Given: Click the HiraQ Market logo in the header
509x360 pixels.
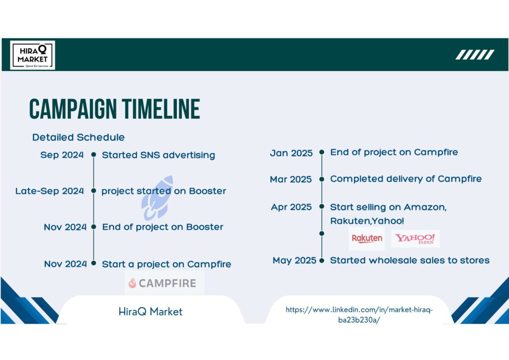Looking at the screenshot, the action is [x=32, y=55].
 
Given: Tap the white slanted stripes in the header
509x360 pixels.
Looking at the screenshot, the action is [x=475, y=55].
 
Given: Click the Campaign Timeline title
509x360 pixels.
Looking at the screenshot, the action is [x=115, y=109].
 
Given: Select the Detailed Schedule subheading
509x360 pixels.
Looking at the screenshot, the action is [x=78, y=137].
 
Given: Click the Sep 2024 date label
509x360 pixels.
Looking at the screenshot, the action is [x=62, y=155].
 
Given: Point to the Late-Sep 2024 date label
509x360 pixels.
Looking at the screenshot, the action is [x=49, y=191].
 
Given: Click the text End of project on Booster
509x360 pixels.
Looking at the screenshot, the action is [x=163, y=227].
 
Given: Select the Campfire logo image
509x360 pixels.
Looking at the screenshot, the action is [x=165, y=283].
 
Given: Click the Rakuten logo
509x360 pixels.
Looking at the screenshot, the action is [x=367, y=239].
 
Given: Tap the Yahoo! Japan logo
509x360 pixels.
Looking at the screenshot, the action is [x=416, y=239].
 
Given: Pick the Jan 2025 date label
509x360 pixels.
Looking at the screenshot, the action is [x=291, y=153].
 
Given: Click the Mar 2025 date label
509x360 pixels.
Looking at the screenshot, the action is [x=291, y=179].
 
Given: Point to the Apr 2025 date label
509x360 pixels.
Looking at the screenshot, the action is [x=291, y=207].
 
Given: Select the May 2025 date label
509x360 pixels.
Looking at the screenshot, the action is [x=294, y=261].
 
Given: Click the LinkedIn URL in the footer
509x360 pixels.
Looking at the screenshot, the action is [x=359, y=315].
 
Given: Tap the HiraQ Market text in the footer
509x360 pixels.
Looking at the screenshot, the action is [x=150, y=312].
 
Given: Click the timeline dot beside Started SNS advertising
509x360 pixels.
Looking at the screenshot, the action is [x=93, y=155].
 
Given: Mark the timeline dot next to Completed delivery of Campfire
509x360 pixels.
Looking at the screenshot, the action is [x=322, y=179].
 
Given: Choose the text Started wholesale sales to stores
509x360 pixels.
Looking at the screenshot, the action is [x=410, y=261].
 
